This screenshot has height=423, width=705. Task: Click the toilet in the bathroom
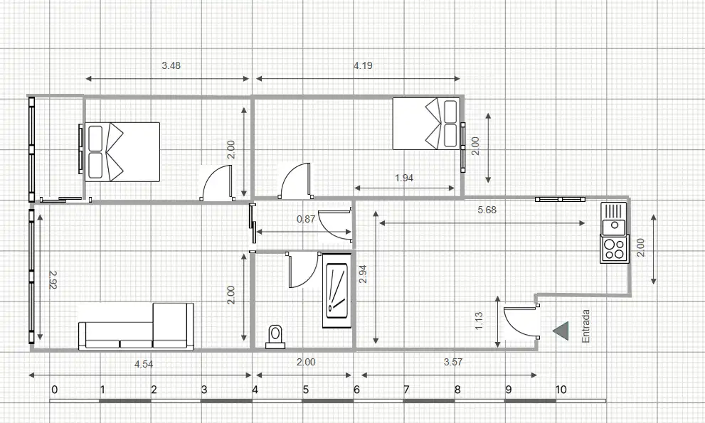tap(275, 337)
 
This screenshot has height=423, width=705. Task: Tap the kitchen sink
tap(614, 218)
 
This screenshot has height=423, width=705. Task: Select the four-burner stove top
tap(614, 249)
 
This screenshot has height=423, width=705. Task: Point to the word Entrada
tap(585, 326)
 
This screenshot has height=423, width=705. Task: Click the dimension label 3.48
tap(171, 65)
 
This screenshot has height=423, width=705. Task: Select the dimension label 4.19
tap(363, 65)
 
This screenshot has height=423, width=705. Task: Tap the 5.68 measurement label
tap(487, 210)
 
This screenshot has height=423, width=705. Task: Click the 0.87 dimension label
tap(306, 220)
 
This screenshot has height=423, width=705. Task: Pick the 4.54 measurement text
tap(144, 364)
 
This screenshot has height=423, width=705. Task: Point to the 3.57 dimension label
tap(452, 363)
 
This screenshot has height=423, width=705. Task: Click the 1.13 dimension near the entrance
tap(479, 321)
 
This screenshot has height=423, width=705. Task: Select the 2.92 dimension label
tap(53, 279)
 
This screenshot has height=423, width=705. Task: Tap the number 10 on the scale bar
tap(561, 390)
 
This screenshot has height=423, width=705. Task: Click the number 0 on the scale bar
tap(54, 390)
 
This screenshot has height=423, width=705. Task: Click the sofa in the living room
tap(137, 327)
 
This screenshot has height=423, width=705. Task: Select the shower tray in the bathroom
tap(335, 290)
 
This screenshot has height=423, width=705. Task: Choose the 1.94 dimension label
tap(404, 178)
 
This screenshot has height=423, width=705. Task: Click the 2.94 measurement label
tap(363, 274)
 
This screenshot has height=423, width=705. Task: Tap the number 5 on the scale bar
tap(306, 390)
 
